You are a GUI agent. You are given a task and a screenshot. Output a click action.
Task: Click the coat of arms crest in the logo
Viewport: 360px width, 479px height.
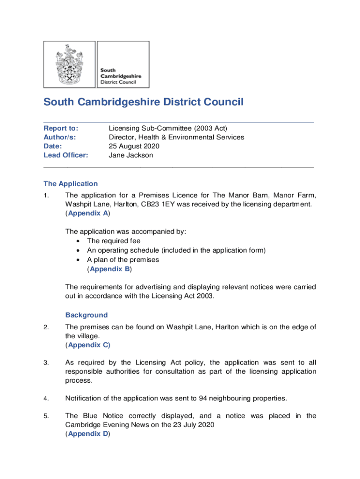pos(70,64)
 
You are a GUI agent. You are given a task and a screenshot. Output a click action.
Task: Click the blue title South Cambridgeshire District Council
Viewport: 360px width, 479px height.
pos(144,102)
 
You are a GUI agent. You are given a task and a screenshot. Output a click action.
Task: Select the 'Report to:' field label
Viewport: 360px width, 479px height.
pos(61,129)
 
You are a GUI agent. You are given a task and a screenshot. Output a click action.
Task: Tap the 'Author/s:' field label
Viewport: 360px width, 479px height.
pos(60,138)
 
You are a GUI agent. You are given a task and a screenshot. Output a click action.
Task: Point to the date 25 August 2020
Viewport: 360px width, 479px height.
pos(134,146)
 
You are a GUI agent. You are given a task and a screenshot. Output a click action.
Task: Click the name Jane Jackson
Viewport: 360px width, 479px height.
pos(131,155)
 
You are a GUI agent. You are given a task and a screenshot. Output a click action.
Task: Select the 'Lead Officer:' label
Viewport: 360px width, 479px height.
pos(66,155)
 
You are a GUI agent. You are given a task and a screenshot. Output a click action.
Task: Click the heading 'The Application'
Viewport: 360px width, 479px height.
pos(71,184)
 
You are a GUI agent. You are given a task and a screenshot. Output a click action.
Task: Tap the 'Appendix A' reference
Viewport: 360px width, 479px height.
pos(88,213)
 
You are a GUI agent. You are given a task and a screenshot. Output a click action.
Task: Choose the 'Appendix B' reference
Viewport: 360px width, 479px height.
pos(110,269)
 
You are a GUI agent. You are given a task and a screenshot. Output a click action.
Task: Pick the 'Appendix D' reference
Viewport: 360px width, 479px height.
pos(88,434)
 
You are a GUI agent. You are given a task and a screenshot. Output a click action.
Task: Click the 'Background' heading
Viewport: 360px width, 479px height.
pos(86,315)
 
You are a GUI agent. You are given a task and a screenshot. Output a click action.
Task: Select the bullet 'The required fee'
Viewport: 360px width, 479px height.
pos(114,241)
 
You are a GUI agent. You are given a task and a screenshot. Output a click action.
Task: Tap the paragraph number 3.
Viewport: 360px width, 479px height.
pos(46,363)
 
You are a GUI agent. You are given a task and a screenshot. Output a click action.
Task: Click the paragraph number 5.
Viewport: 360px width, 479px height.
pos(46,416)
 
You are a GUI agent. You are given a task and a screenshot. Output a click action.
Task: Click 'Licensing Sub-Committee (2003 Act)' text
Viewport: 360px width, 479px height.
pos(168,129)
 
